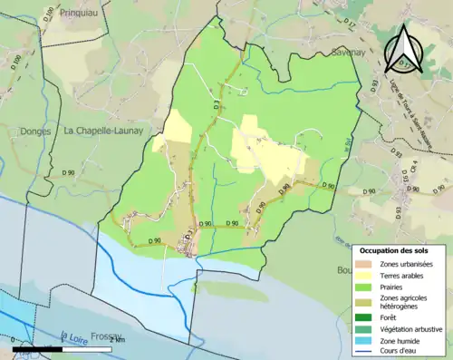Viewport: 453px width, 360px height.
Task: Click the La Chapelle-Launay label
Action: [x=101, y=130]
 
